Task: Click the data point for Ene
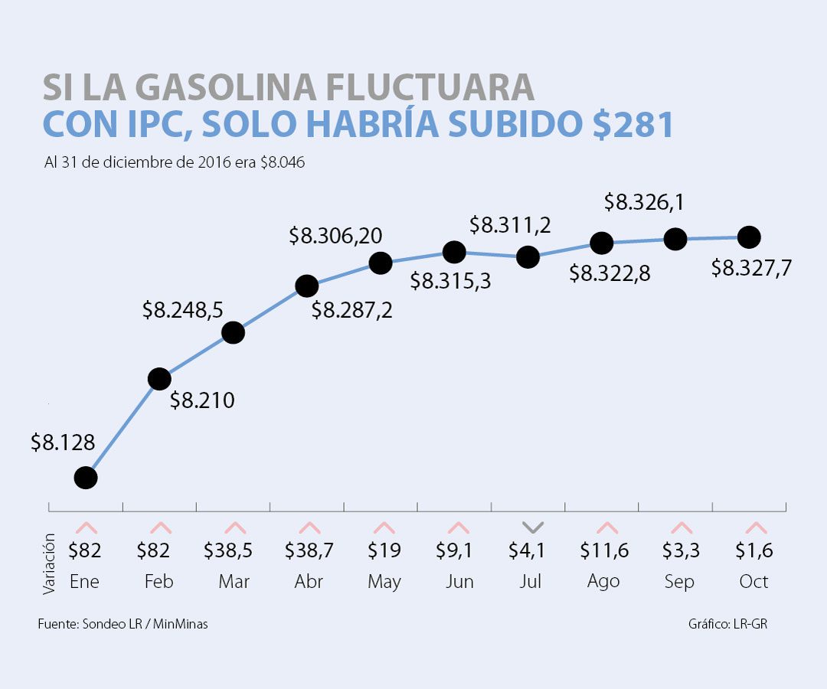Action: click(x=86, y=478)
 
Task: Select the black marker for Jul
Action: click(x=528, y=256)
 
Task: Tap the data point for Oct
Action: click(x=748, y=237)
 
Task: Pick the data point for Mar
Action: click(x=233, y=332)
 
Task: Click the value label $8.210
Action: click(x=202, y=400)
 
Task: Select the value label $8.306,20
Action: click(x=335, y=236)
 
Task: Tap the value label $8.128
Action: click(x=63, y=442)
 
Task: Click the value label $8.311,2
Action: click(x=510, y=225)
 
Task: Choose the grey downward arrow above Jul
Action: click(x=533, y=527)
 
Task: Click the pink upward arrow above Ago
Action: click(x=606, y=527)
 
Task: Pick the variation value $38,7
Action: click(x=309, y=550)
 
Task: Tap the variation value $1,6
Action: click(x=754, y=550)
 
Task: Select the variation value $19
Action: click(x=384, y=550)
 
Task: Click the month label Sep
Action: click(x=679, y=582)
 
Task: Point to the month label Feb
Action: click(x=159, y=582)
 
